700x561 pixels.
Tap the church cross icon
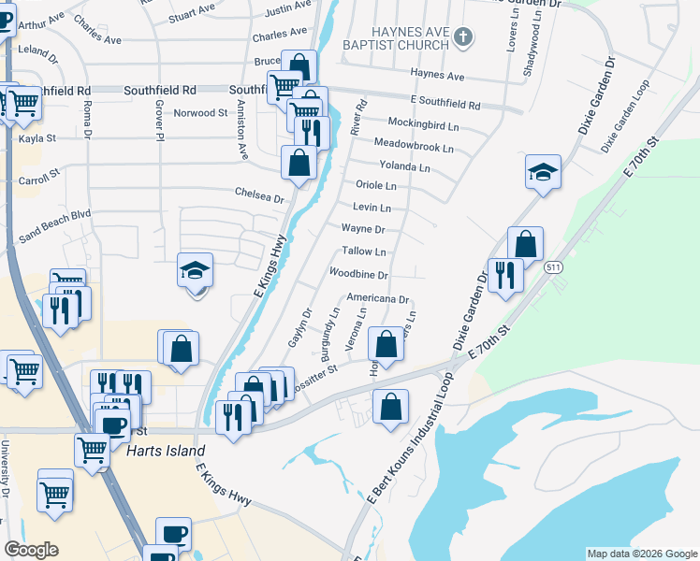pyautogui.click(x=461, y=37)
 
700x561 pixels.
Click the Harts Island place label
pyautogui.click(x=165, y=451)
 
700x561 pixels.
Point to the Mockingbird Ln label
pyautogui.click(x=423, y=124)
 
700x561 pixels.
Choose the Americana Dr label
pyautogui.click(x=378, y=299)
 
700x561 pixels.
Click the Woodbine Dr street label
pyautogui.click(x=358, y=274)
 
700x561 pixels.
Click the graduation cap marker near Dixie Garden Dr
pyautogui.click(x=543, y=172)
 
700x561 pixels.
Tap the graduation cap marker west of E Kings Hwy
pyautogui.click(x=197, y=271)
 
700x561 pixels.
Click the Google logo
pyautogui.click(x=31, y=550)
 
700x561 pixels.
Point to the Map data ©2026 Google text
pyautogui.click(x=641, y=554)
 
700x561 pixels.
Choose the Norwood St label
pyautogui.click(x=201, y=113)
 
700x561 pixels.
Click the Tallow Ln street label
pyautogui.click(x=364, y=252)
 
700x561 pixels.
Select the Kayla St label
pyautogui.click(x=37, y=138)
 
